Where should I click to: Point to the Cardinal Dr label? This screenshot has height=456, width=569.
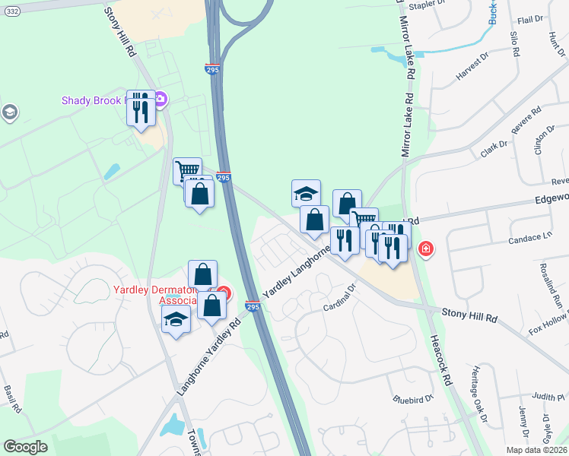tap(341, 297)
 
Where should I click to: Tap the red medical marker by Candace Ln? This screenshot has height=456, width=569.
tap(426, 249)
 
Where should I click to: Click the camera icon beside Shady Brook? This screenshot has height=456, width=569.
tap(161, 100)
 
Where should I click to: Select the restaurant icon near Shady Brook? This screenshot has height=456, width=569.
tap(141, 109)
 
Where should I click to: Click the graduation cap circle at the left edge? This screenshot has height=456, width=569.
tap(9, 113)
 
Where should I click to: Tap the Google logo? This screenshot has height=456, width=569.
tap(25, 447)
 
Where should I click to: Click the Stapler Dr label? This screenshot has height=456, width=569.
tap(426, 5)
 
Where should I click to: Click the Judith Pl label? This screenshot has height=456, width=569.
tap(549, 397)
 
